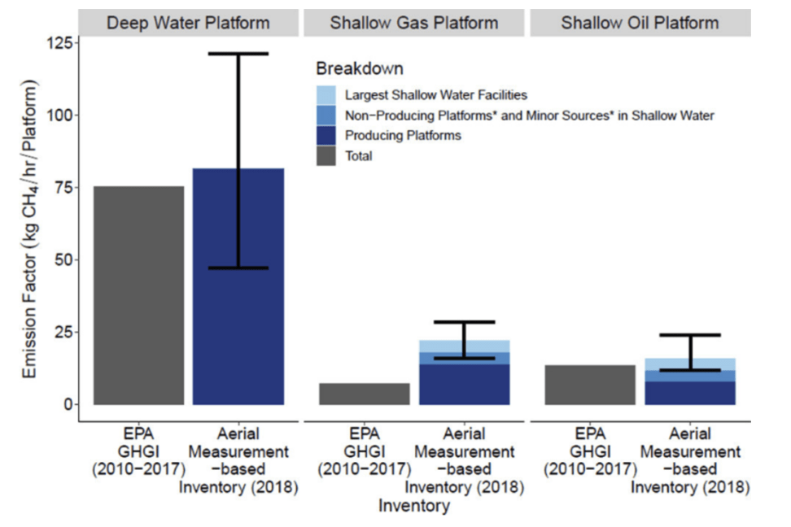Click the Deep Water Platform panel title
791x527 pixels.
[188, 23]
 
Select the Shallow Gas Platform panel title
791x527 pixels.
[414, 23]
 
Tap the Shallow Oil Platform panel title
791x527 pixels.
[640, 23]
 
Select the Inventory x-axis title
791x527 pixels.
[413, 506]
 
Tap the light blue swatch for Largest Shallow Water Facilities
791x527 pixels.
[326, 95]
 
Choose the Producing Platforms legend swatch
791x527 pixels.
[326, 136]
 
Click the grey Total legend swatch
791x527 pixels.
[326, 156]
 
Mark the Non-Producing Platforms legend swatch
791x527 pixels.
[326, 115]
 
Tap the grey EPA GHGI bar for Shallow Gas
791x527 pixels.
[364, 394]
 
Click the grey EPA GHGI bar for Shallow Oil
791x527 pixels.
[590, 385]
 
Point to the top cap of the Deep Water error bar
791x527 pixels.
[238, 54]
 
